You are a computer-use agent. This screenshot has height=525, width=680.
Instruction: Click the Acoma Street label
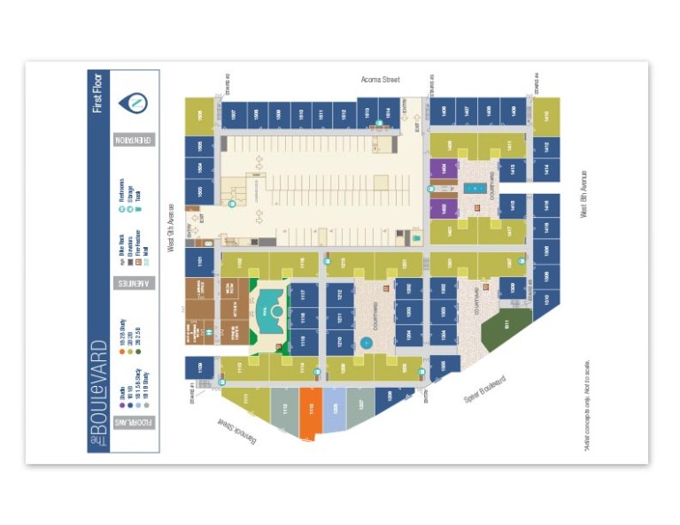(380, 80)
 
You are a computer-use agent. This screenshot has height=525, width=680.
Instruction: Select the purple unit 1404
(437, 168)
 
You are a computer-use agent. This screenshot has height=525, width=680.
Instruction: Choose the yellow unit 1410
(546, 114)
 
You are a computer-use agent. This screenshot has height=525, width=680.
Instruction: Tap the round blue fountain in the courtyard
(367, 343)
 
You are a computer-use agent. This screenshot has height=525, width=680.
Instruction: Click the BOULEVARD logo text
(98, 390)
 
